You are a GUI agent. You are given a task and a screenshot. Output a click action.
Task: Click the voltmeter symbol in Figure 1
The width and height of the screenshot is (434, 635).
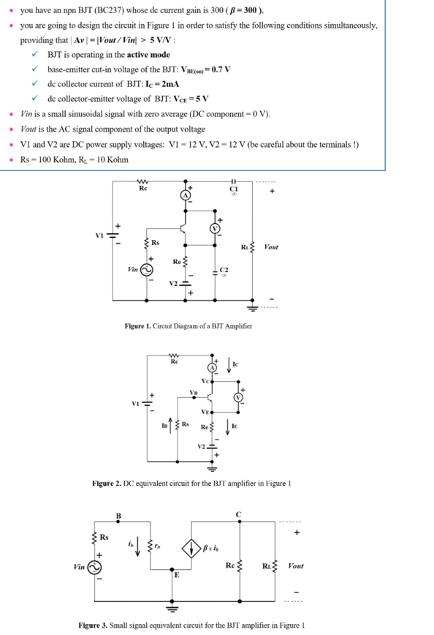tap(216, 228)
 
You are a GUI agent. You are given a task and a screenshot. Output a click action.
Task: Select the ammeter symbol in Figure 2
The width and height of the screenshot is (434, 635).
tap(213, 367)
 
